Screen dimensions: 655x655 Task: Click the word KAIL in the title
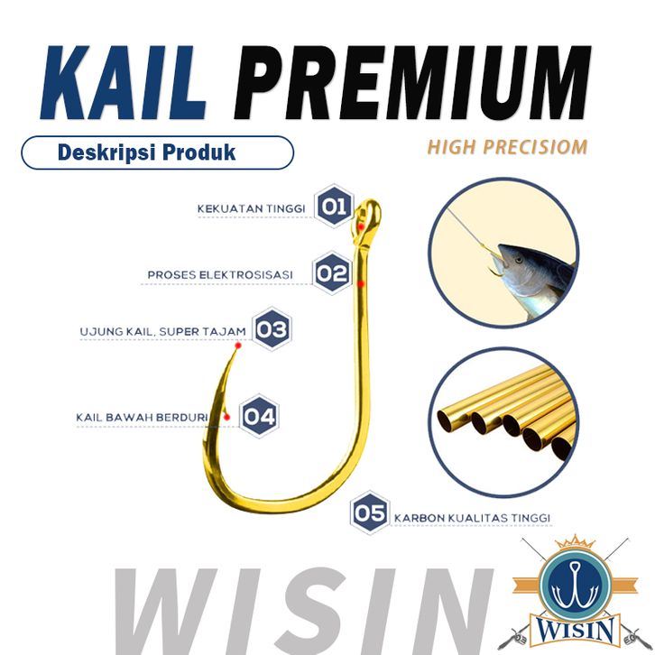point(123,84)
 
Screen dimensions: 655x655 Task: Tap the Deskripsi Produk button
point(157,152)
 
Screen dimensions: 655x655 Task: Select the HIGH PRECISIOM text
point(508,147)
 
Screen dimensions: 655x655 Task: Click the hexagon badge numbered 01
point(335,208)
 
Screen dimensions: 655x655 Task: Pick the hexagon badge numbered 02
point(333,272)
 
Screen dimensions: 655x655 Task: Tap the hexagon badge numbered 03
point(272,330)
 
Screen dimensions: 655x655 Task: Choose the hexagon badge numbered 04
point(259,416)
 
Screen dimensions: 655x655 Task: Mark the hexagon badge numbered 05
point(371,514)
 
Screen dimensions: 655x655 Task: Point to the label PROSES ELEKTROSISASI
point(221,274)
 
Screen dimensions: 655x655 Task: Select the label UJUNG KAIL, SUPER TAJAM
point(162,332)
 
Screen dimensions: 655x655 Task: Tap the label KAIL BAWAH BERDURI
point(143,418)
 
